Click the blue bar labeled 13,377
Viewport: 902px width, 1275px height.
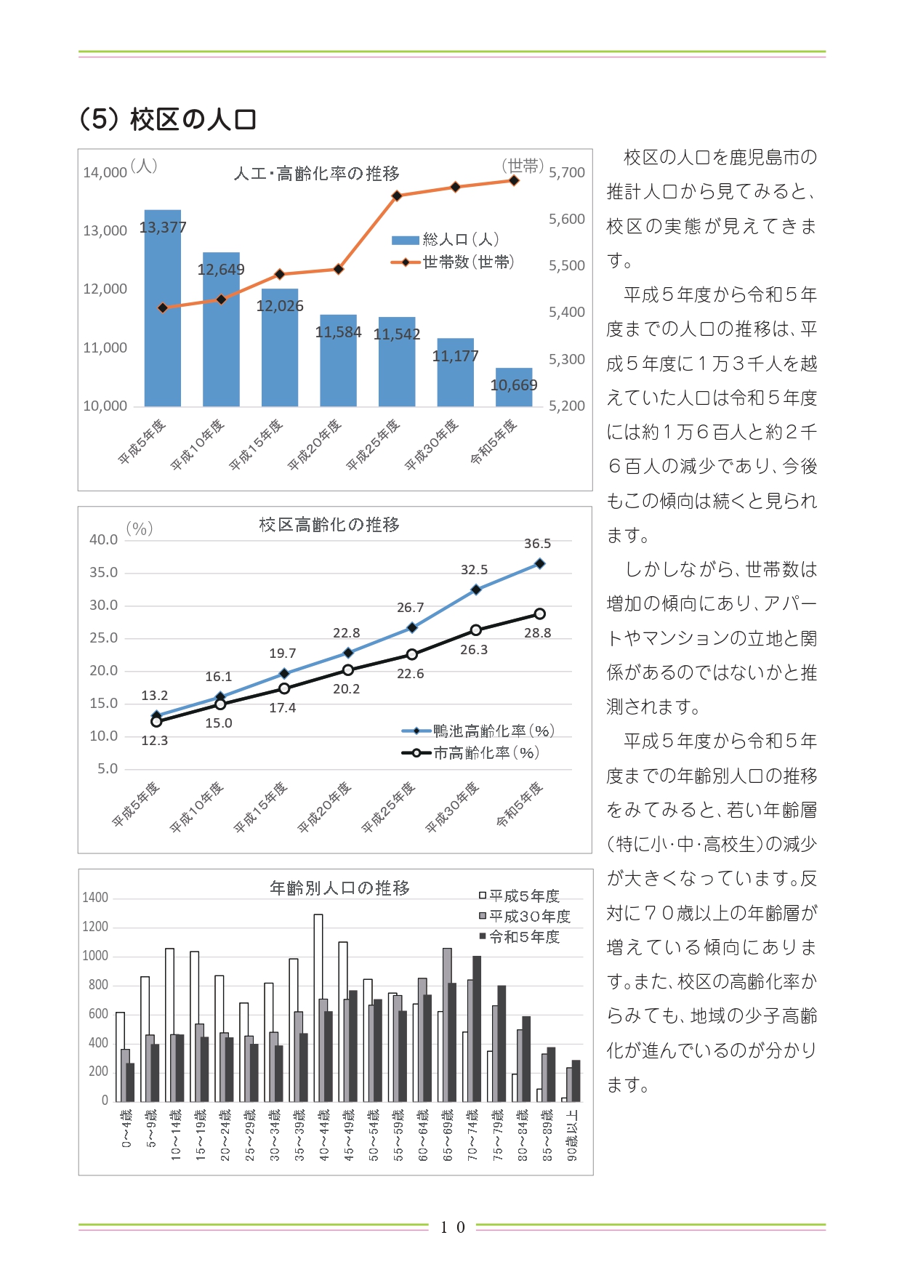click(x=163, y=307)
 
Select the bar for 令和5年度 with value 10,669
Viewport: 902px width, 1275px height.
click(x=514, y=387)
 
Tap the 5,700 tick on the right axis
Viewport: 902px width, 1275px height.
click(x=567, y=173)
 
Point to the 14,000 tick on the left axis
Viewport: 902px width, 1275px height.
click(x=105, y=173)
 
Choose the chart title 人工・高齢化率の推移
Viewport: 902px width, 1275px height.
click(x=317, y=174)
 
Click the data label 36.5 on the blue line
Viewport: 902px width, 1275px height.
click(x=538, y=544)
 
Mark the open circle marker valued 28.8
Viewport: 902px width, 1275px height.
click(x=540, y=614)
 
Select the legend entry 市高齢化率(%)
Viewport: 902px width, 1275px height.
click(x=470, y=753)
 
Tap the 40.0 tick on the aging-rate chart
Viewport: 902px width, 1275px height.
click(x=103, y=539)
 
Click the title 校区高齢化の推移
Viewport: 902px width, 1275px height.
click(x=329, y=525)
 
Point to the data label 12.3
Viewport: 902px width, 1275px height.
click(x=155, y=741)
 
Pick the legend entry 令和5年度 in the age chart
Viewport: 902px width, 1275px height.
click(x=520, y=937)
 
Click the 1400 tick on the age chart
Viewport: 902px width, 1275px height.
click(x=95, y=898)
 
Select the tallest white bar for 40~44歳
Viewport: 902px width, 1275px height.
click(x=318, y=1007)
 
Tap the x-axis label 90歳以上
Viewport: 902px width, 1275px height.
click(x=573, y=1135)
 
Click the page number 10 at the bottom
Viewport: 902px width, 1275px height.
click(x=452, y=1228)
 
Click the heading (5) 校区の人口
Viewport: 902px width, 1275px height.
click(x=168, y=119)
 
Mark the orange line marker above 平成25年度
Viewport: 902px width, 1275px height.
click(x=397, y=196)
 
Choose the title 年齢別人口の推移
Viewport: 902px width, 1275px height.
click(x=340, y=888)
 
